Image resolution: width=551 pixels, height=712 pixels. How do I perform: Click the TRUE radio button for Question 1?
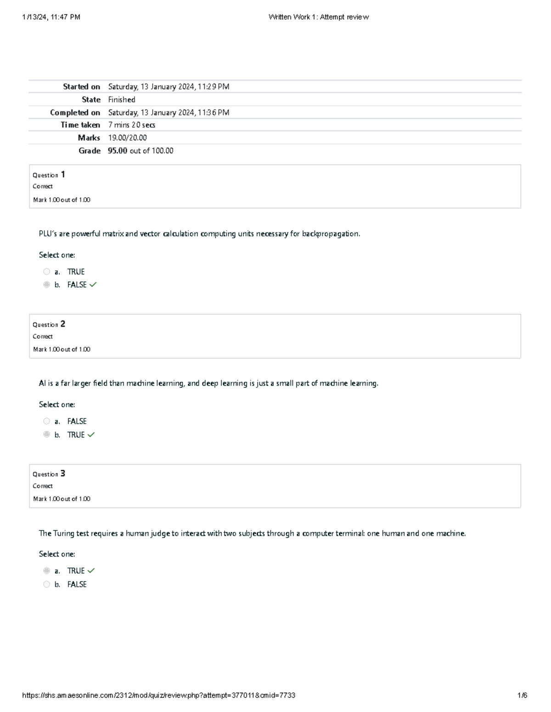coord(46,272)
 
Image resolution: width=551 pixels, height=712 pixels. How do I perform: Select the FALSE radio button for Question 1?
coord(46,285)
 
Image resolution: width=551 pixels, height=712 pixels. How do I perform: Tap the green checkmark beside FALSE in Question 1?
coord(93,285)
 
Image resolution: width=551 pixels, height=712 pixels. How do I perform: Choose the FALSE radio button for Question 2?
coord(46,421)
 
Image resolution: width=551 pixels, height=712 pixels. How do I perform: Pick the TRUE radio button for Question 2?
coord(46,434)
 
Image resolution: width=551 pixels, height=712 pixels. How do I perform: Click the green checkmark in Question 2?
coord(91,435)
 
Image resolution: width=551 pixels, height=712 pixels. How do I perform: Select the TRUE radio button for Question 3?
coord(46,571)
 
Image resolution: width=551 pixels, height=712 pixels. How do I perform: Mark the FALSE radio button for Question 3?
coord(46,584)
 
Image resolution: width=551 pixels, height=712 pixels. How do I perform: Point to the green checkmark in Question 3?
coord(91,571)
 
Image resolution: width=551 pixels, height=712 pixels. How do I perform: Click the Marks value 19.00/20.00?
coord(127,138)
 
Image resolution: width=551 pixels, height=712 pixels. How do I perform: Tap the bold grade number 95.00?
coord(118,151)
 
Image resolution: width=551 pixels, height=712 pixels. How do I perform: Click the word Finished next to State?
coord(122,99)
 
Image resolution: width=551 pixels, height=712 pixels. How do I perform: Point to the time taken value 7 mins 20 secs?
coord(131,125)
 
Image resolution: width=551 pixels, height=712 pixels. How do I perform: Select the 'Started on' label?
coord(81,87)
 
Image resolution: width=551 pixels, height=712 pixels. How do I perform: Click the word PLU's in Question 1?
coord(48,234)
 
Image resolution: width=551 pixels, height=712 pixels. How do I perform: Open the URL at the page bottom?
coord(158,695)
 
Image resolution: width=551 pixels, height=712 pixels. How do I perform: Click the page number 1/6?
coord(523,695)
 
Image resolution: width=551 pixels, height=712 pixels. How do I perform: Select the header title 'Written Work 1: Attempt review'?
coord(318,17)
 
